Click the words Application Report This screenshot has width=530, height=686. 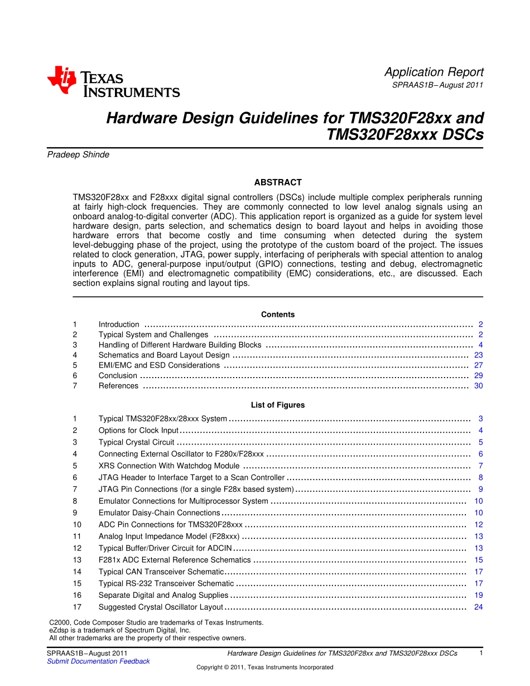pos(433,72)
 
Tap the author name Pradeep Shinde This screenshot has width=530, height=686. pos(78,155)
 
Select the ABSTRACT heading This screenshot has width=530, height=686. pos(278,182)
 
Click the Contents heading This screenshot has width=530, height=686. pos(278,315)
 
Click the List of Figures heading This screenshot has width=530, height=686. pos(278,405)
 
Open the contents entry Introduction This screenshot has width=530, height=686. pos(119,325)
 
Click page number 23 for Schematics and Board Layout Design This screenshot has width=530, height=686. pos(478,355)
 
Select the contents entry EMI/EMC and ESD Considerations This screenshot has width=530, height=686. pos(159,365)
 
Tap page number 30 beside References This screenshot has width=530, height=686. pos(478,386)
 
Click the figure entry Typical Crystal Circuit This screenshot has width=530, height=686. pos(136,442)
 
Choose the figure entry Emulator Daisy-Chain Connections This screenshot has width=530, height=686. pos(159,513)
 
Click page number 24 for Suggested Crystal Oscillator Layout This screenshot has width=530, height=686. pos(478,607)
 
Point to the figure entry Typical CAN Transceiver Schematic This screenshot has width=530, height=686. pos(161,572)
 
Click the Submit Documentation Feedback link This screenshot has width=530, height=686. pos(98,661)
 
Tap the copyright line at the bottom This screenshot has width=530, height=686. pos(264,668)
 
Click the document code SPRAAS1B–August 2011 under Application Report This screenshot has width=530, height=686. pos(437,85)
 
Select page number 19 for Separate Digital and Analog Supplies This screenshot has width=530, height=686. pos(478,595)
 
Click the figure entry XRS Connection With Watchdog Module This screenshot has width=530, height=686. pos(169,466)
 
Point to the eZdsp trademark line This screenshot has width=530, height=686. pos(120,630)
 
